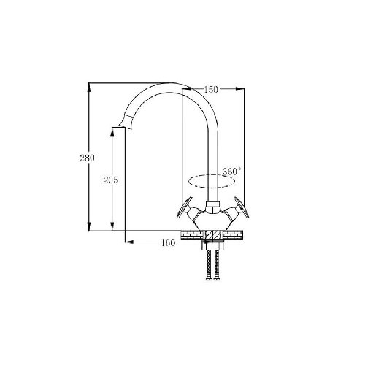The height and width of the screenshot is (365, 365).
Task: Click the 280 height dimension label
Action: (87, 158)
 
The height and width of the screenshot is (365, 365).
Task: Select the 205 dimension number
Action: (110, 180)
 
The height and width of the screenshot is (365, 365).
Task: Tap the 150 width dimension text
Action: (211, 90)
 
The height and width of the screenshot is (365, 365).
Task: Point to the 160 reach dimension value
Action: (168, 242)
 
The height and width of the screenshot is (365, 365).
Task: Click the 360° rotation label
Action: (232, 172)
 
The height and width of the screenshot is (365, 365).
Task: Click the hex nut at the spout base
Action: (213, 207)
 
